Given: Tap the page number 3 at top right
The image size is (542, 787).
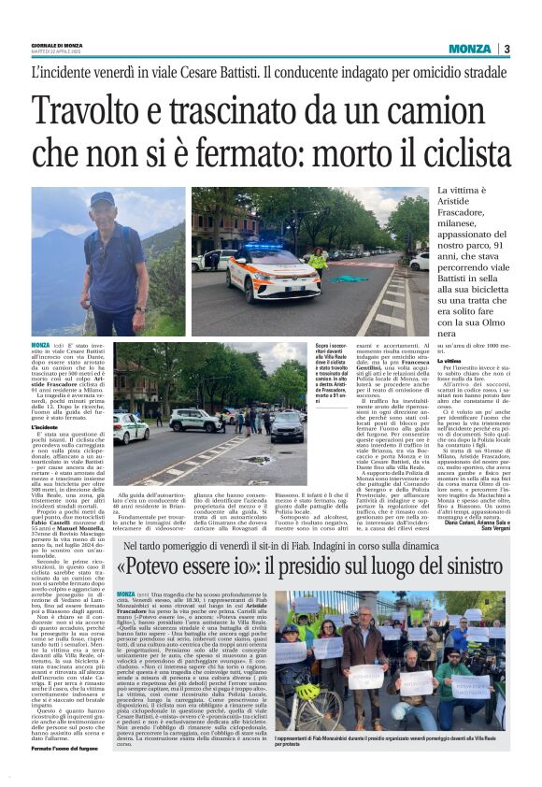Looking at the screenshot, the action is point(506,49).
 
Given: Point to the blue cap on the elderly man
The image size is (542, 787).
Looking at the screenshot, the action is point(101,198).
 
